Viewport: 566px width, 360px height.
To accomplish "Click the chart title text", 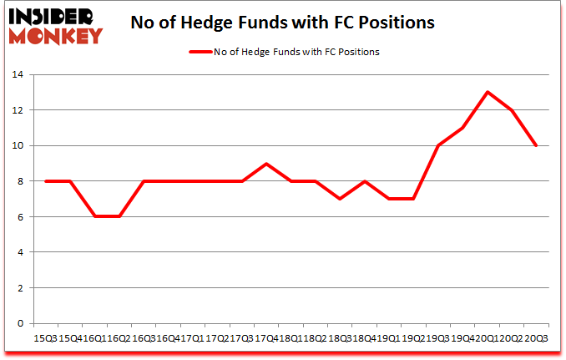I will pyautogui.click(x=283, y=23).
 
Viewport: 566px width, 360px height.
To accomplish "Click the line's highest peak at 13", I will pyautogui.click(x=487, y=92).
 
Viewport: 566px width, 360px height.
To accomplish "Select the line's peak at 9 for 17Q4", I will pyautogui.click(x=266, y=163).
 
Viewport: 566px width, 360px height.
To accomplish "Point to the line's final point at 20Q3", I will pyautogui.click(x=536, y=145).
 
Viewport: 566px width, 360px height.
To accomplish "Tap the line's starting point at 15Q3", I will pyautogui.click(x=45, y=181).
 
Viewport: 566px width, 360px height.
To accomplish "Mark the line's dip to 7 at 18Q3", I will pyautogui.click(x=340, y=199).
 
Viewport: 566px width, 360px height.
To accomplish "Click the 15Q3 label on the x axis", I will pyautogui.click(x=43, y=337).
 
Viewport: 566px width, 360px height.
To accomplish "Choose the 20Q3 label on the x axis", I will pyautogui.click(x=537, y=337).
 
